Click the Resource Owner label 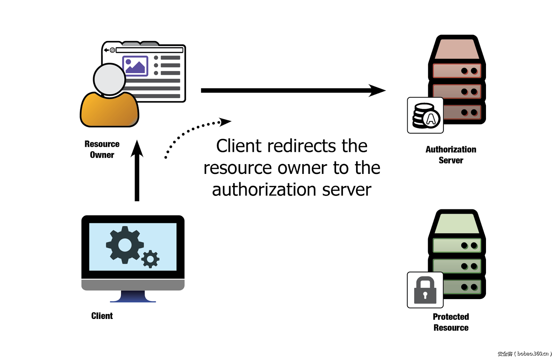point(102,149)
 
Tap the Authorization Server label point(451,155)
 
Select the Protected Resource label point(451,322)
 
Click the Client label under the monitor point(102,316)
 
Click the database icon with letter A point(425,115)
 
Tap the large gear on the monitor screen point(124,245)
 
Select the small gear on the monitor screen point(150,259)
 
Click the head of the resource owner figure point(109,79)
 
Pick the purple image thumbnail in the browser point(135,66)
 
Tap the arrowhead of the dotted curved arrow point(225,122)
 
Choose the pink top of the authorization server point(456,49)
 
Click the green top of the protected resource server point(456,223)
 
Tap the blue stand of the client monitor point(133,296)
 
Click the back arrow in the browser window point(106,50)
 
